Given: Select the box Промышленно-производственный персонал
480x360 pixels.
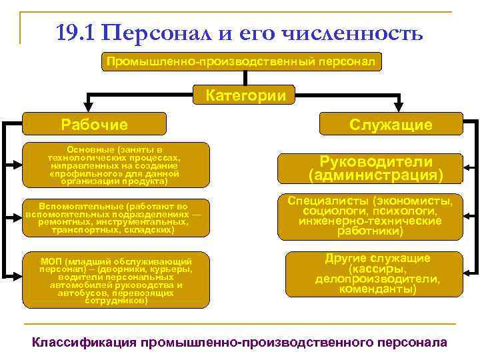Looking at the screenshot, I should (x=240, y=62).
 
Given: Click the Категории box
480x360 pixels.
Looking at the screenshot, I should (x=240, y=95).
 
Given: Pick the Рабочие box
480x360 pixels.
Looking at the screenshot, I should (x=94, y=124).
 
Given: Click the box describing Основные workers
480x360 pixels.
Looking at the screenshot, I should (x=113, y=164).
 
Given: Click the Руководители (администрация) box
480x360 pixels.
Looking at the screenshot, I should (x=375, y=169).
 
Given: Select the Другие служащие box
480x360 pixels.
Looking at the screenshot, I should (x=377, y=274).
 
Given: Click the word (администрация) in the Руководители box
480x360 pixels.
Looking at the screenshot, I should (x=375, y=176).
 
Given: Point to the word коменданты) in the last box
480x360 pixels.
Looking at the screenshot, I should (x=377, y=289).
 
